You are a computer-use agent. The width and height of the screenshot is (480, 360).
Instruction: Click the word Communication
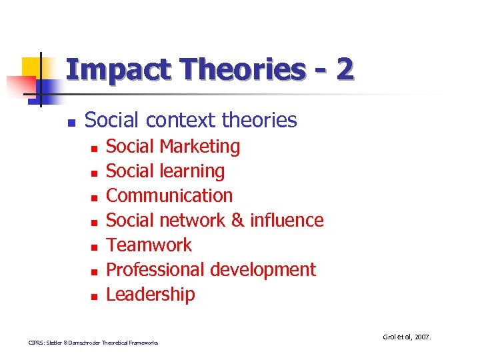pos(169,196)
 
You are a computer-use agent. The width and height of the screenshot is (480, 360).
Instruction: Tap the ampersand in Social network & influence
pos(237,221)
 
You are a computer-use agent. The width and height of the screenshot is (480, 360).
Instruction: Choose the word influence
pos(287,221)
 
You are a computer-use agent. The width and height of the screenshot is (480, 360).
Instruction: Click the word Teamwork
pos(149,245)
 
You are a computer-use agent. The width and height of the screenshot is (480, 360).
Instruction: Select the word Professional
pos(156,270)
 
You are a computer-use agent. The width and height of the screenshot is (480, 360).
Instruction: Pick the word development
pos(263,270)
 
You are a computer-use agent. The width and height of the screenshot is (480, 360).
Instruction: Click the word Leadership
pos(151,295)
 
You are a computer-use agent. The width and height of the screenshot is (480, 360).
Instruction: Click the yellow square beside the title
pos(33,67)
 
